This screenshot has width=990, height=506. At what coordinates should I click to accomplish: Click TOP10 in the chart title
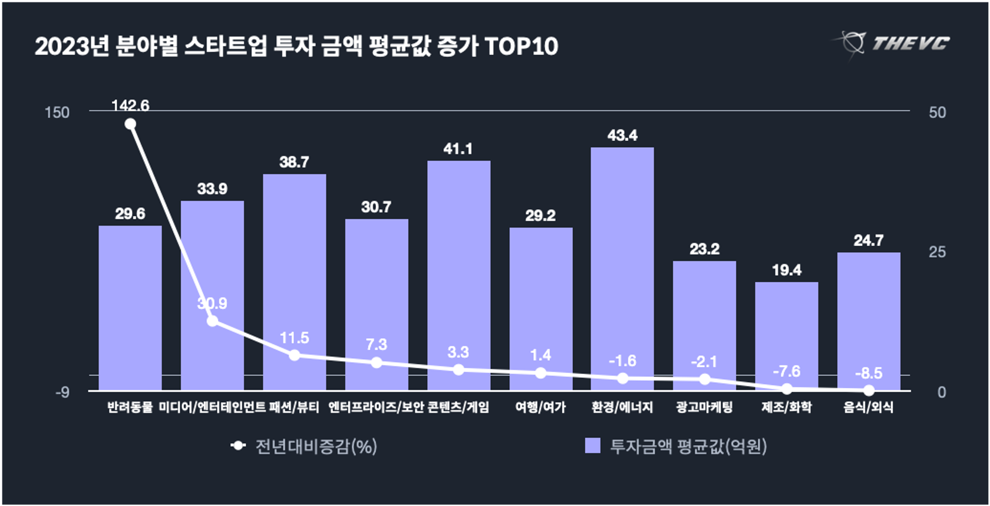pos(521,47)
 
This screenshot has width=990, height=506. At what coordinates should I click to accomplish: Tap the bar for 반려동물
pos(130,306)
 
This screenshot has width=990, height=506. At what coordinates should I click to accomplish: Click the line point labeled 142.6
pos(130,124)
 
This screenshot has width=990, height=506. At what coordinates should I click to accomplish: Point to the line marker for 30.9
pos(213,321)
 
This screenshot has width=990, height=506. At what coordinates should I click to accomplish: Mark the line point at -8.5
pos(869,390)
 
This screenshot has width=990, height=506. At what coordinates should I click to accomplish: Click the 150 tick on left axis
pos(57,113)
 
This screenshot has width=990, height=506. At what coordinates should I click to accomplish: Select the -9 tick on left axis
pos(62,392)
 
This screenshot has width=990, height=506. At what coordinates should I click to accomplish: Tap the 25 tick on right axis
pos(937,252)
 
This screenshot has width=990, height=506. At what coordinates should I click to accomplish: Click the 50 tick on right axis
pos(937,113)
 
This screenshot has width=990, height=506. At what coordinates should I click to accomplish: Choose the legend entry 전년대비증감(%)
pos(305,447)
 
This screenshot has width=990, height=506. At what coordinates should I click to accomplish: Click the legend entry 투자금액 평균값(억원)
pos(676,447)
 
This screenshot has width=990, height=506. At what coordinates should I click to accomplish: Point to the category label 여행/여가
pos(540,407)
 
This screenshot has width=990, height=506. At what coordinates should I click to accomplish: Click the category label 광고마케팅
pos(704,407)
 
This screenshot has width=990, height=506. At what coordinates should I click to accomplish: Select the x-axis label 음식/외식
pos(868,407)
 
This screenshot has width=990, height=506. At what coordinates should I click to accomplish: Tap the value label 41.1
pos(458,149)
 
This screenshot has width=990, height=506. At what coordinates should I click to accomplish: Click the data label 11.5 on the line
pos(294,338)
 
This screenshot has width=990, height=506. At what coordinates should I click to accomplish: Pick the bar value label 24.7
pos(868,240)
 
